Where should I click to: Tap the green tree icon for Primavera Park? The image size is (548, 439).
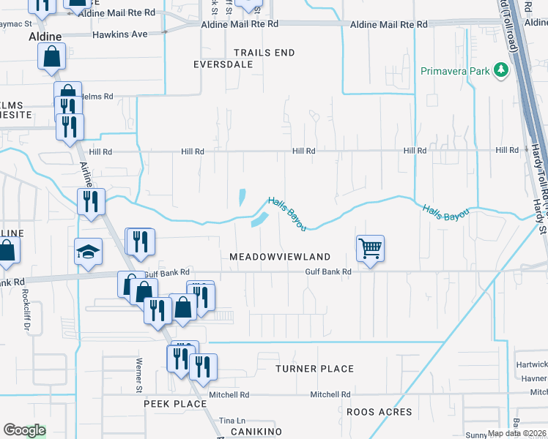501,70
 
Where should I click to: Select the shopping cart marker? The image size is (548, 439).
371,248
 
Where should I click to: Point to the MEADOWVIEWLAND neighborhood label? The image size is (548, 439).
280,258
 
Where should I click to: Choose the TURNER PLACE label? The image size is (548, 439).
314,369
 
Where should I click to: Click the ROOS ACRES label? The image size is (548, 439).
379,413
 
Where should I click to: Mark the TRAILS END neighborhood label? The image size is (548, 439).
264,53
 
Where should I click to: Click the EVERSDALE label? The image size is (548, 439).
223,64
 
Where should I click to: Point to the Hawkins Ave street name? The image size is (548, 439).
119,34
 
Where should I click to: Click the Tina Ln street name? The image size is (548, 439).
232,421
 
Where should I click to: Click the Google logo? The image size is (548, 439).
24,430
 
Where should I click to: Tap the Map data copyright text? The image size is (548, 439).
516,433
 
